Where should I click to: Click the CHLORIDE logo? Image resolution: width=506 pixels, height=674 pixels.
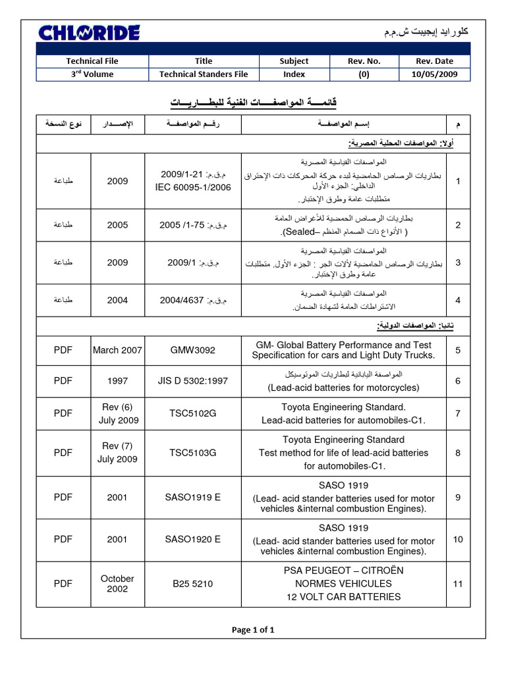coord(89,32)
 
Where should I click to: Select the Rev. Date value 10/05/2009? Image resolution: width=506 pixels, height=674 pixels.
coord(434,74)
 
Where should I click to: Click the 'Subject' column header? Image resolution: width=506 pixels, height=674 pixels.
coord(294,61)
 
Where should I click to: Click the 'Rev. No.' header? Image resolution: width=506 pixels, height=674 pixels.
coord(364,61)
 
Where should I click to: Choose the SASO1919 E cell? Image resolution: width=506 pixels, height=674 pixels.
coord(192,498)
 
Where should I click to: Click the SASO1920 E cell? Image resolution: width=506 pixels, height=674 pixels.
coord(192,539)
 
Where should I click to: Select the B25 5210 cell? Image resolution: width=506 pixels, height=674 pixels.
coord(192,583)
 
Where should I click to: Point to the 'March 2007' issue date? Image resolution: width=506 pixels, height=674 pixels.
coord(117,350)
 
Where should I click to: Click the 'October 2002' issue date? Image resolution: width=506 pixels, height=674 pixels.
coord(117,583)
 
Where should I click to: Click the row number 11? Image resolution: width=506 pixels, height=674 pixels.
coord(458,583)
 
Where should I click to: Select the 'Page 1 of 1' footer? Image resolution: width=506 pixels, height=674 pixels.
coord(253,630)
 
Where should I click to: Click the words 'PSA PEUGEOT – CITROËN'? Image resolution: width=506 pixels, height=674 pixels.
coord(343,570)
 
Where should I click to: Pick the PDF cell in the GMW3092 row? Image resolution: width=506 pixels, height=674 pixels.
coord(63,350)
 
